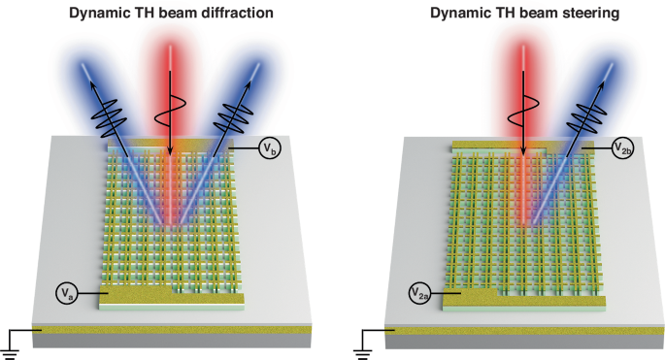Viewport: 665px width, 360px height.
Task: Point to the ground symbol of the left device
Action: pos(12,342)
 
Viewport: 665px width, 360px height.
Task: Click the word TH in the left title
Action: pos(148,13)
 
